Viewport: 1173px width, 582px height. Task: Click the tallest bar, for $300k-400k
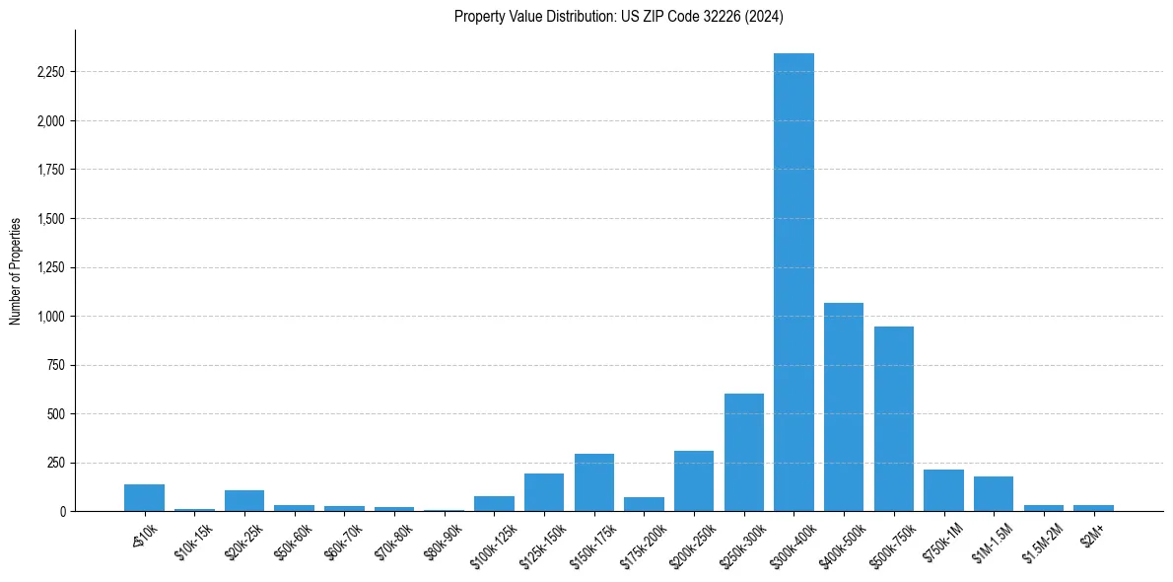(x=793, y=282)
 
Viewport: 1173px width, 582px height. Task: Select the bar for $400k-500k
(x=844, y=406)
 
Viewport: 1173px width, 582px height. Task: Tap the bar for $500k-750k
(x=893, y=418)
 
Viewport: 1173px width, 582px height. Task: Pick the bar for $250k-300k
(x=744, y=452)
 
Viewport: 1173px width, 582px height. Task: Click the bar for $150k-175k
(x=594, y=482)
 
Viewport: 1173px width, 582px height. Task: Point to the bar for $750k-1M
(x=943, y=490)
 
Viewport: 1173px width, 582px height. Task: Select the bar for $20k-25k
(x=244, y=500)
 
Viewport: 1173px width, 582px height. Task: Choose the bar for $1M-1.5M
(x=994, y=493)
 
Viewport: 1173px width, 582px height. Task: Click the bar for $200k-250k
(x=694, y=480)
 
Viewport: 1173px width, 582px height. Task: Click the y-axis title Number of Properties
(x=15, y=270)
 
